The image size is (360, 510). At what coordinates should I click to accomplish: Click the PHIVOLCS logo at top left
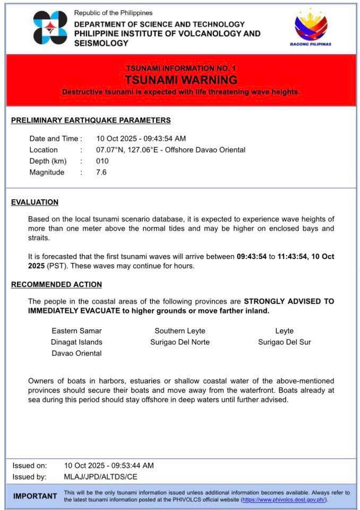(50, 28)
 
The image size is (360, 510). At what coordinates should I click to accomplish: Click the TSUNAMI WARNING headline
(181, 80)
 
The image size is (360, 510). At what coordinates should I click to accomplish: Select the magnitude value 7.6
(101, 172)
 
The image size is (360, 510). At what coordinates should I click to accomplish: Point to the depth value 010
(102, 161)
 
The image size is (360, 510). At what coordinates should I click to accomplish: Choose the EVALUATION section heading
(35, 202)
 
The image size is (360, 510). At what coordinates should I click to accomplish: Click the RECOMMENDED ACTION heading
(56, 285)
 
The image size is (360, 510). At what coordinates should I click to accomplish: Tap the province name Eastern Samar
(76, 331)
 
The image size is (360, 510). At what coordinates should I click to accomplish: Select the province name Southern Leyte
(180, 331)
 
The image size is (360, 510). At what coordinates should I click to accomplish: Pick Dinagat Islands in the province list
(76, 342)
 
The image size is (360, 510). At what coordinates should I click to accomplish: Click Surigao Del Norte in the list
(180, 342)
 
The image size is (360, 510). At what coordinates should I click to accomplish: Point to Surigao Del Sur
(285, 342)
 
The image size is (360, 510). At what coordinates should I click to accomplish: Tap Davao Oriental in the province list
(76, 353)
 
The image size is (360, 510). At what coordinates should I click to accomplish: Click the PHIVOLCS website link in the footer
(284, 500)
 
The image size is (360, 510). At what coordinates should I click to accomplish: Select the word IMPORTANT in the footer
(35, 496)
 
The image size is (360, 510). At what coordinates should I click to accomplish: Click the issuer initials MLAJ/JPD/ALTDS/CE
(101, 477)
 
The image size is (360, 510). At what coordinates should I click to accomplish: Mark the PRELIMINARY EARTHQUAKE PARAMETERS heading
(91, 120)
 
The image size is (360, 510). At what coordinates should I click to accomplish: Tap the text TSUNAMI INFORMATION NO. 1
(181, 68)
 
